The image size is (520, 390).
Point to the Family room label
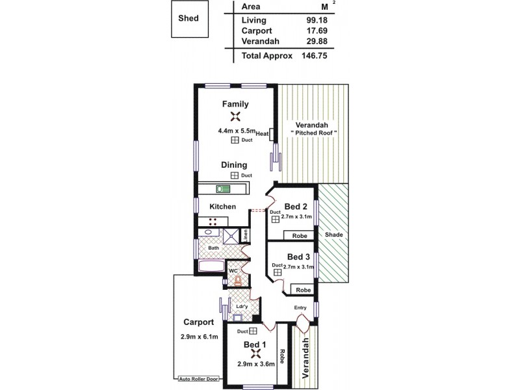coord(235,104)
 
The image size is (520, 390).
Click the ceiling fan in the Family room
coord(235,117)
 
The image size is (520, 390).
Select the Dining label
coord(233,165)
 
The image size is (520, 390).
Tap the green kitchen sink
coord(224,188)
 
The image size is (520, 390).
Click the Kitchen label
coord(222,207)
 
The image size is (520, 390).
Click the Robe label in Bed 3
coord(302,290)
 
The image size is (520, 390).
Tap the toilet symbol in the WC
coord(239,281)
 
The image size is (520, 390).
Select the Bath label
coord(213,248)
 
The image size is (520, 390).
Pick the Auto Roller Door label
coord(198,378)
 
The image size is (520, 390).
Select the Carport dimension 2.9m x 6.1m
coord(199,336)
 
